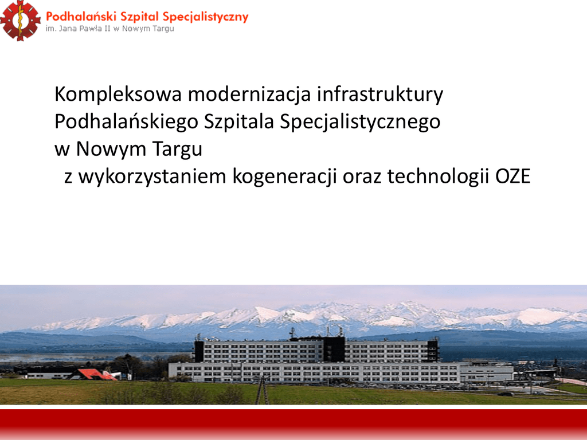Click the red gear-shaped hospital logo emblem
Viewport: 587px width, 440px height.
pos(20,21)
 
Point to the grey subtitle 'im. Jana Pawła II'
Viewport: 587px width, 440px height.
pos(78,29)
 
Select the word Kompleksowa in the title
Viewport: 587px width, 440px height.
pos(118,95)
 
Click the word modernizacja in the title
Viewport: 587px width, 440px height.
pos(249,95)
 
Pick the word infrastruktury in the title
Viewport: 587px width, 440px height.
pos(380,95)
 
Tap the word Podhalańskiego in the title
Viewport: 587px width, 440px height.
pos(126,121)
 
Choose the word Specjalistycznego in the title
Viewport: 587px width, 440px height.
pos(360,121)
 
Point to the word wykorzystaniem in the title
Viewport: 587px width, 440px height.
pos(152,176)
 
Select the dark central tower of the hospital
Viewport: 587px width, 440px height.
pos(334,349)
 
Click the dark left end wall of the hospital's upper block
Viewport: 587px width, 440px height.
pos(199,351)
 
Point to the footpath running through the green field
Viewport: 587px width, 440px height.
pos(262,391)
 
